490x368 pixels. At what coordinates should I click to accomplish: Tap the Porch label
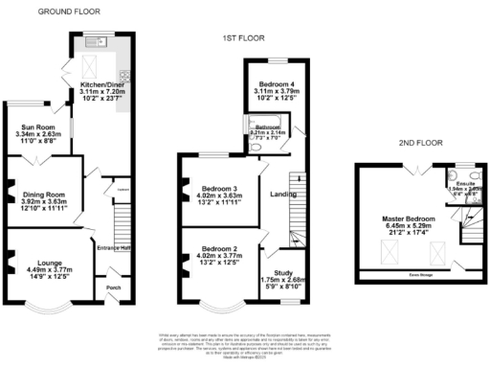[x=113, y=287]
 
